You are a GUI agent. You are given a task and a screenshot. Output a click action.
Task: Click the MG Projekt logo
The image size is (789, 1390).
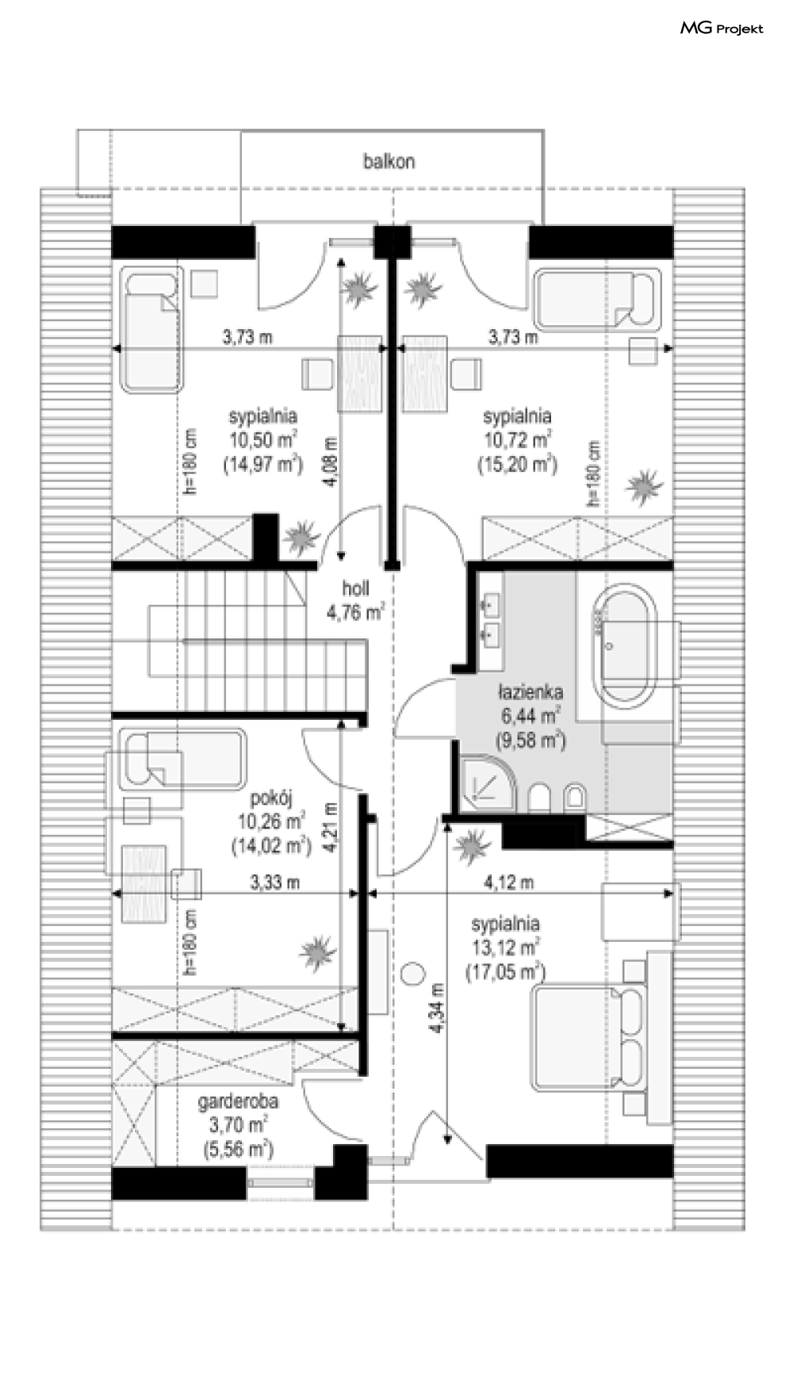coord(722,29)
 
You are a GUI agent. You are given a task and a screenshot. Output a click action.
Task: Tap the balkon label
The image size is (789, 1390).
coord(389,162)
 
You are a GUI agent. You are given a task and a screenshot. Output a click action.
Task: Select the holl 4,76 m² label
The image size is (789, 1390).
coord(356,600)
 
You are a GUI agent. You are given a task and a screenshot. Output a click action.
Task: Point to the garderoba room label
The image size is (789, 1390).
coord(238,1101)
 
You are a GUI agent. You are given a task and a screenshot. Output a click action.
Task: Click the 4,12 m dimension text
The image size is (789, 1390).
coord(508,882)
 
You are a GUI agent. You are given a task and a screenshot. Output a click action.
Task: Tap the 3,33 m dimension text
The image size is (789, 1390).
coord(275,882)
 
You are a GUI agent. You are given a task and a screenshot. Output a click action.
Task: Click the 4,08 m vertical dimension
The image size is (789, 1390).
coord(330,463)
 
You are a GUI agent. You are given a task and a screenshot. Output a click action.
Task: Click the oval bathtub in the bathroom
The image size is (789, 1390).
coord(626,643)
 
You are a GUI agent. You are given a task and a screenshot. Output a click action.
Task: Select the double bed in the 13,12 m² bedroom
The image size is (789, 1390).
coord(588,1036)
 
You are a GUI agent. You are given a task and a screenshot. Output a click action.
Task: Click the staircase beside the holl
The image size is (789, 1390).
coord(258,641)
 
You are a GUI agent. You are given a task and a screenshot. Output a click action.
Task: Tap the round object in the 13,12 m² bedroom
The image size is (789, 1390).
coord(413,973)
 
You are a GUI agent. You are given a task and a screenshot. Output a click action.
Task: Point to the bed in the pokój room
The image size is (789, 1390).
coord(182,759)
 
